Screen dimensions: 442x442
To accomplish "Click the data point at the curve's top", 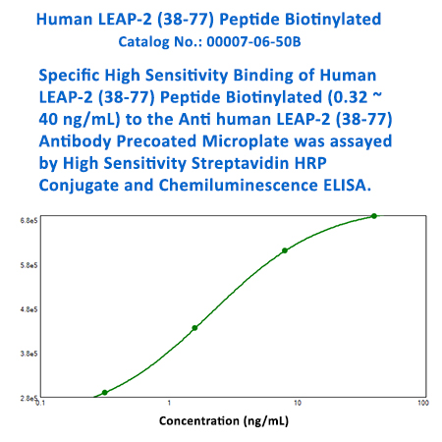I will (x=374, y=216).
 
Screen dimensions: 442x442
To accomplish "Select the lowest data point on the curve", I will (x=105, y=393).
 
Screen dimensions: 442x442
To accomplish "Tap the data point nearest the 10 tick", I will (x=285, y=250).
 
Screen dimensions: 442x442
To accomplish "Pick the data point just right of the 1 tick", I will (x=194, y=328).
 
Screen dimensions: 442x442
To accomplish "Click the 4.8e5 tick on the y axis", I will (x=28, y=308).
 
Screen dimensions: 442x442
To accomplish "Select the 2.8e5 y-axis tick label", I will (x=28, y=398).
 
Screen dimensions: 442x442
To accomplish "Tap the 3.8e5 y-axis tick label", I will (x=28, y=353).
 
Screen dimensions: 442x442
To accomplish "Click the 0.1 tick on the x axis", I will (x=41, y=404).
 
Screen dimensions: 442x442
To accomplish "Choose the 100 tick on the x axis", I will (x=422, y=404).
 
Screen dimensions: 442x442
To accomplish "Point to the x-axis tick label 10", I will (x=296, y=404).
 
